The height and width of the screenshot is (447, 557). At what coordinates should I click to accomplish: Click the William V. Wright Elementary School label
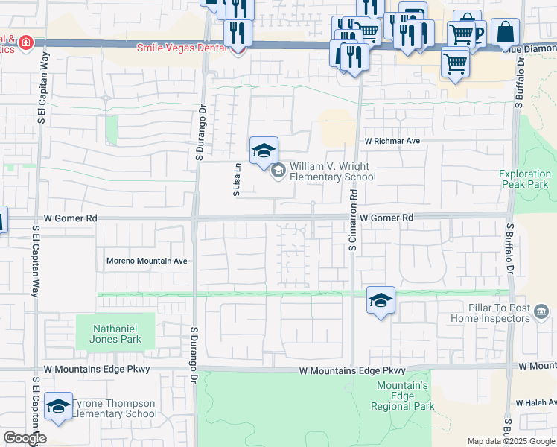(x=332, y=172)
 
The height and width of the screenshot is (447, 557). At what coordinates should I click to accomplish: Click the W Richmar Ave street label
(x=392, y=141)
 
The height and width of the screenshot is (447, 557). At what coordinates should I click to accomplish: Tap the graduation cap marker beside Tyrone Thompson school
(x=58, y=407)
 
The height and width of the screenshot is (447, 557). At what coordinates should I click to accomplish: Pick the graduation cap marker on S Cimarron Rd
(x=381, y=301)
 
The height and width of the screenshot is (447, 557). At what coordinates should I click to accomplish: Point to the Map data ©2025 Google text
(x=510, y=441)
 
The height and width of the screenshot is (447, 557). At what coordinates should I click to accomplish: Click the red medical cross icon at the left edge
(x=27, y=43)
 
